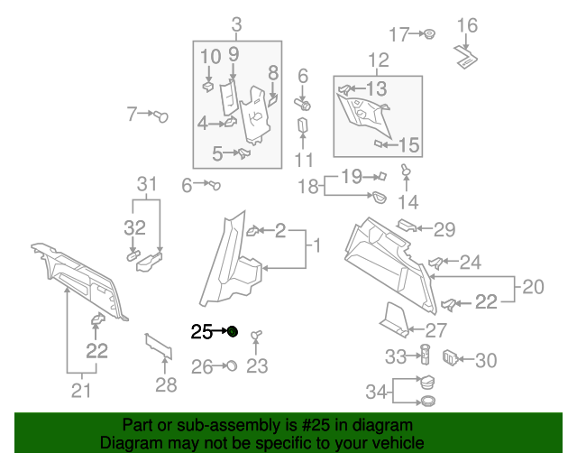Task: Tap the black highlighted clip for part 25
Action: [x=232, y=332]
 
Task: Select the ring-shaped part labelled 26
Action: [x=230, y=365]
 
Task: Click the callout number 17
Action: [x=398, y=35]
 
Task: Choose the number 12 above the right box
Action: [x=378, y=60]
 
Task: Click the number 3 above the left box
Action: [x=236, y=24]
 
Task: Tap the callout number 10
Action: [x=210, y=58]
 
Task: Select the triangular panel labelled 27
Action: [x=393, y=317]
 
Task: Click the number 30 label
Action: [x=486, y=361]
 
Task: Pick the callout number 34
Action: [x=377, y=392]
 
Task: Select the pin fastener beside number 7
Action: [x=162, y=115]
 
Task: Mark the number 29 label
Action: [x=444, y=230]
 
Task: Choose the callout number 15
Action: [x=408, y=144]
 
